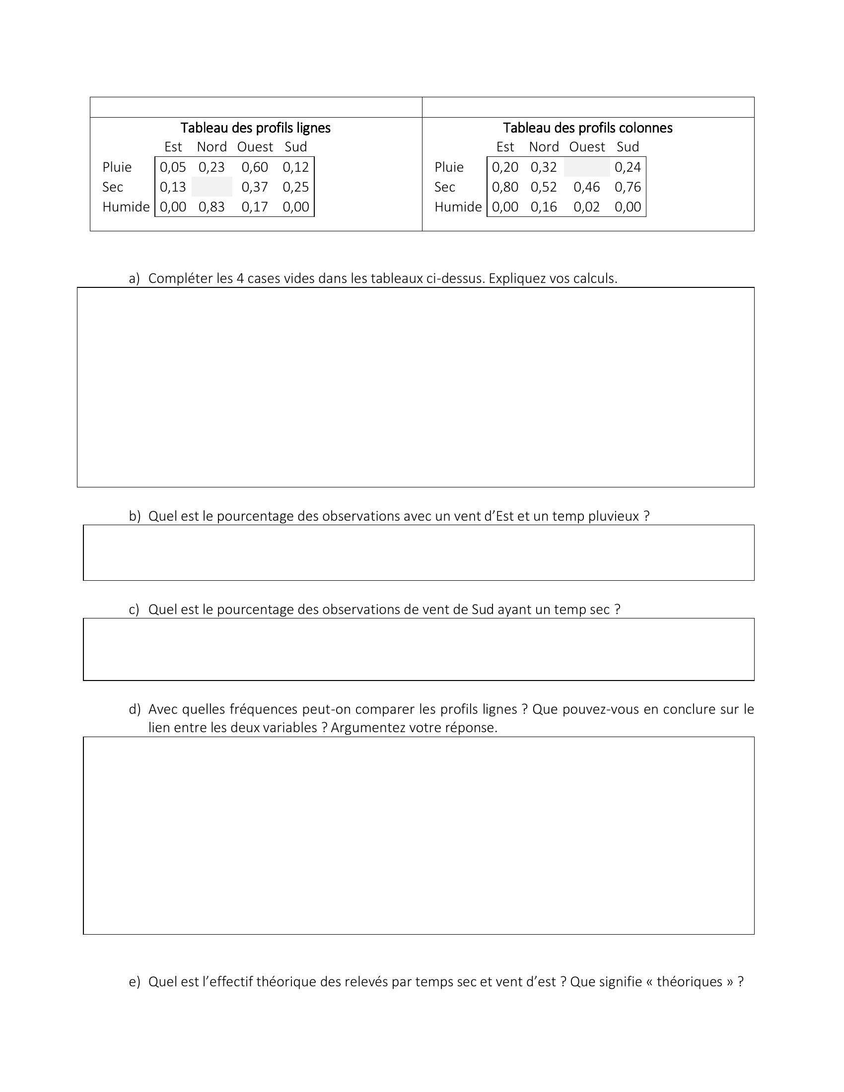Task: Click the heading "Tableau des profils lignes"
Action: [256, 128]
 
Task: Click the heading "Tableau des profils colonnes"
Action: [587, 128]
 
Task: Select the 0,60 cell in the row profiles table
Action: [255, 167]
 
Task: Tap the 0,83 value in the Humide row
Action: [211, 207]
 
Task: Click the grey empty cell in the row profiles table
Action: [211, 187]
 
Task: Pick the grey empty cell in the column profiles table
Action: [586, 167]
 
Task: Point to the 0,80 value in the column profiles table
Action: [505, 187]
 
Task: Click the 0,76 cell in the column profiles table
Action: [628, 187]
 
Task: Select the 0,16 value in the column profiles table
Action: [544, 207]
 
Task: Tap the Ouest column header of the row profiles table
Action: [255, 147]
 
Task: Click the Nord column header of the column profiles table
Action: [544, 147]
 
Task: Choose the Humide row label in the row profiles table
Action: [126, 207]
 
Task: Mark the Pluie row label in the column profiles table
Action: [449, 167]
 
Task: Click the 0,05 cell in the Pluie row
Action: [172, 167]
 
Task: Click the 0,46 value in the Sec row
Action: [586, 187]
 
